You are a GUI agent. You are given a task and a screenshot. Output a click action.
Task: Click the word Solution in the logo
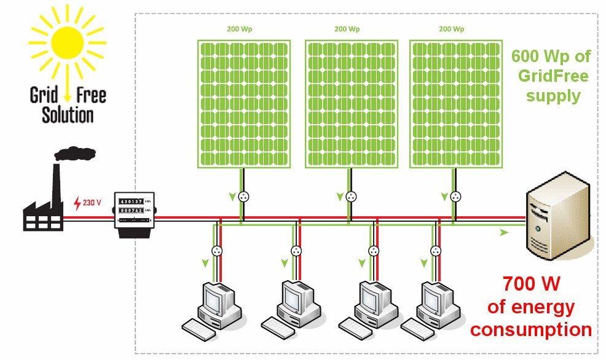pos(68,114)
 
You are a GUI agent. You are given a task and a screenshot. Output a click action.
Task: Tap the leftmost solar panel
pos(243,103)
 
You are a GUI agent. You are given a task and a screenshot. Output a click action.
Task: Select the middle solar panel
pos(350,103)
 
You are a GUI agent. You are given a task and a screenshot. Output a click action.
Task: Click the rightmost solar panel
pos(455,103)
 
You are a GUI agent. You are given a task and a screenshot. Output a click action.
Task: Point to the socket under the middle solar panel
pos(351,197)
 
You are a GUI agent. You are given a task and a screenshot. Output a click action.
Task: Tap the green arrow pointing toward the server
pos(504,233)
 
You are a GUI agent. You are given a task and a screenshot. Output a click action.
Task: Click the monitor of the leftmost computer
pos(215,299)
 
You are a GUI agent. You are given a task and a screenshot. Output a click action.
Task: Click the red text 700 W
pos(530,284)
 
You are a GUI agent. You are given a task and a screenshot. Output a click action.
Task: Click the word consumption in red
pos(530,329)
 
